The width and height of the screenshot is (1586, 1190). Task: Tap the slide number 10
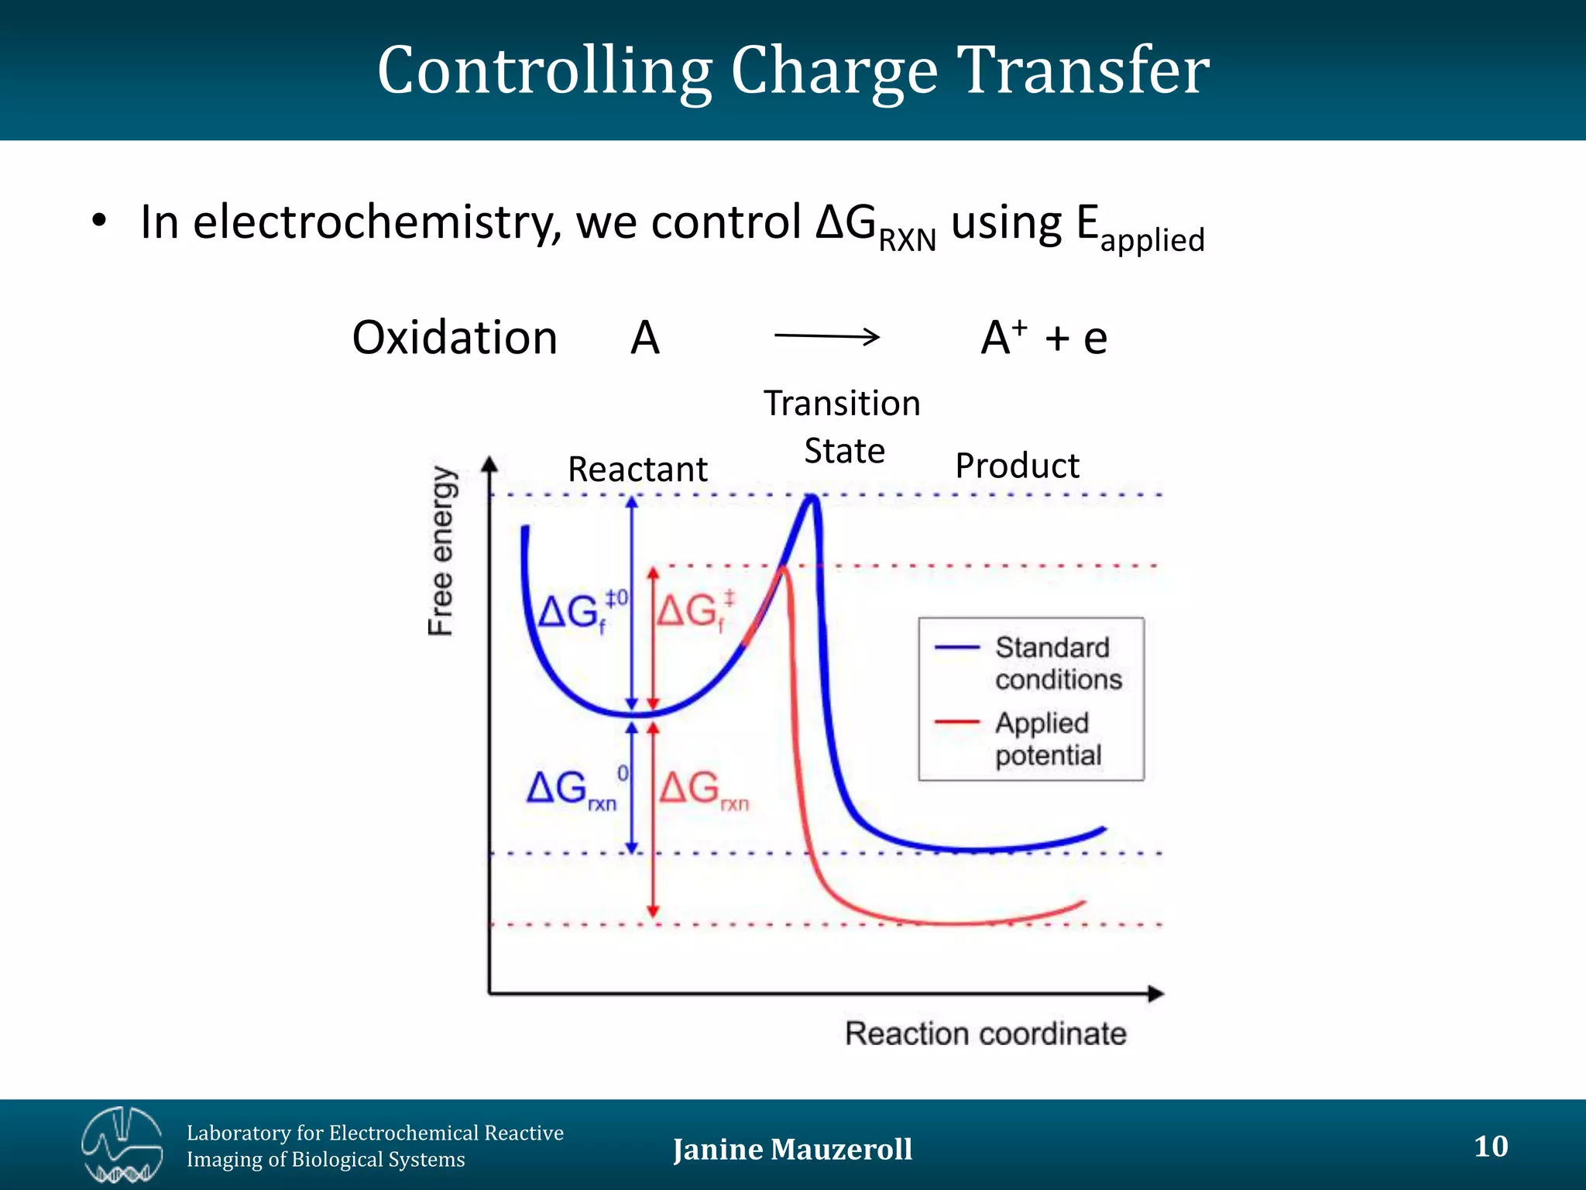1491,1146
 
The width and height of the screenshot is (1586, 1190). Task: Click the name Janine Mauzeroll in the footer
792,1149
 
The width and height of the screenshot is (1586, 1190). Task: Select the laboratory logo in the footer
122,1145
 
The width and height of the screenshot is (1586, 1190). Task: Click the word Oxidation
455,338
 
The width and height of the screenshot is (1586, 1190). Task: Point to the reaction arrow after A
826,336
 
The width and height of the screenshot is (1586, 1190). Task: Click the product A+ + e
1044,338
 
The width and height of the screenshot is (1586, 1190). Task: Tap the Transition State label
843,427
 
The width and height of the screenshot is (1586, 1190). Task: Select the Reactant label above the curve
637,469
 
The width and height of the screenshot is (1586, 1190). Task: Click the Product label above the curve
1017,466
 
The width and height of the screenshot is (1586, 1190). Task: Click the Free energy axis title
442,551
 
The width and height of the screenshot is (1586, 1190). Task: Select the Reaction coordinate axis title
985,1034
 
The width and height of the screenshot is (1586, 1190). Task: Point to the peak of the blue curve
812,498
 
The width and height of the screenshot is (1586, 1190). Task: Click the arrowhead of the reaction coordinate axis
1155,993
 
